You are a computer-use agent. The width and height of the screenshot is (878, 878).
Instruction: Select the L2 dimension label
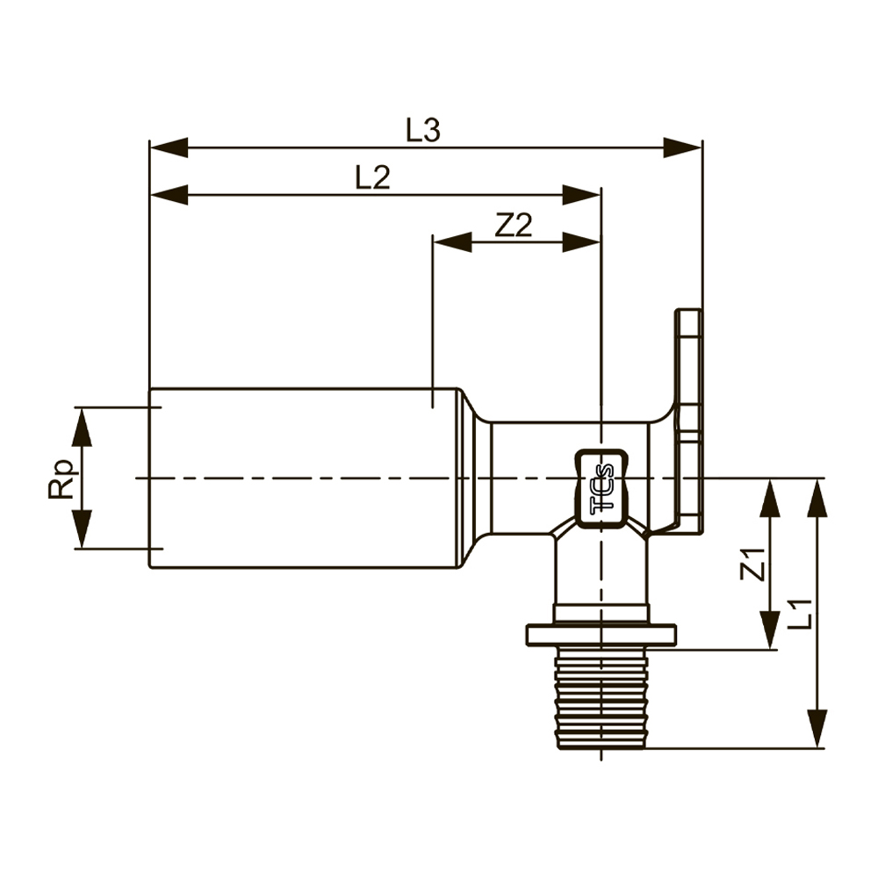[372, 178]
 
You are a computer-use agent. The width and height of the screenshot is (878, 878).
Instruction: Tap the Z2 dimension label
[514, 227]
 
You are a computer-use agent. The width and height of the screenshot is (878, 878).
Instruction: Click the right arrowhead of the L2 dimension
[582, 195]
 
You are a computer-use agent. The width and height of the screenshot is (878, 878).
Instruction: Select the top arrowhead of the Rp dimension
[82, 425]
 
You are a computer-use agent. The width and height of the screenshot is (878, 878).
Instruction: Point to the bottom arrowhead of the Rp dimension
[82, 531]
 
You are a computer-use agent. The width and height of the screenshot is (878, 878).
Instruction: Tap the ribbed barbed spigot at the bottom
[601, 698]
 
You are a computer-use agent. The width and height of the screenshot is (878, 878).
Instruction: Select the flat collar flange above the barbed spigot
[601, 634]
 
